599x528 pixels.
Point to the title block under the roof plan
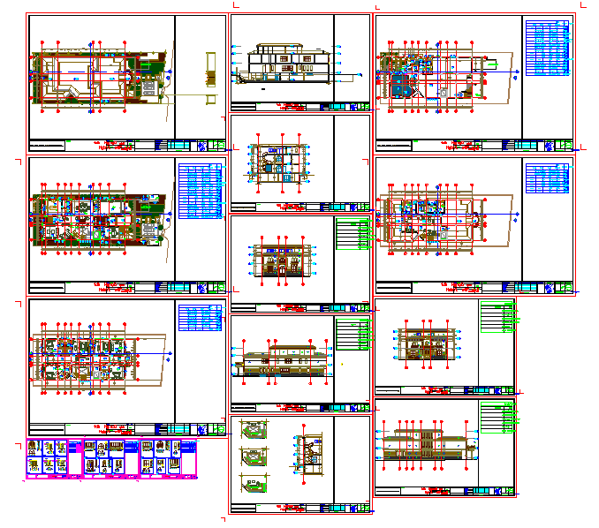point(124,145)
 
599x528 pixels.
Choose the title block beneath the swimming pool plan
point(473,145)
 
